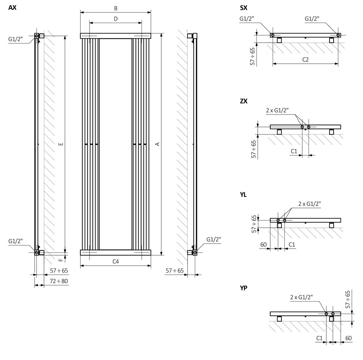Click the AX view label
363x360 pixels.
(13, 8)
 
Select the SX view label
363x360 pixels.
(244, 8)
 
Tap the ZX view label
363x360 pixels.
(244, 101)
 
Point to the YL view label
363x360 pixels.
(243, 195)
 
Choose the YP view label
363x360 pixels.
(243, 288)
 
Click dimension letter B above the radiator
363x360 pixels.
(115, 8)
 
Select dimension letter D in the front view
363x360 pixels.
(115, 19)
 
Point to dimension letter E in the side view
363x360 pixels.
(60, 144)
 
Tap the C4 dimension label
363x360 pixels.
(115, 262)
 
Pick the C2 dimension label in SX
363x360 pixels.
(305, 60)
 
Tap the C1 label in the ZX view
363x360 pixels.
(294, 151)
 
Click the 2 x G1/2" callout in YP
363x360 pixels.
(301, 298)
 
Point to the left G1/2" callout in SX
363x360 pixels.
(246, 19)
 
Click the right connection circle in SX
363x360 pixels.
(338, 35)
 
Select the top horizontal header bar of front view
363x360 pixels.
(115, 36)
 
